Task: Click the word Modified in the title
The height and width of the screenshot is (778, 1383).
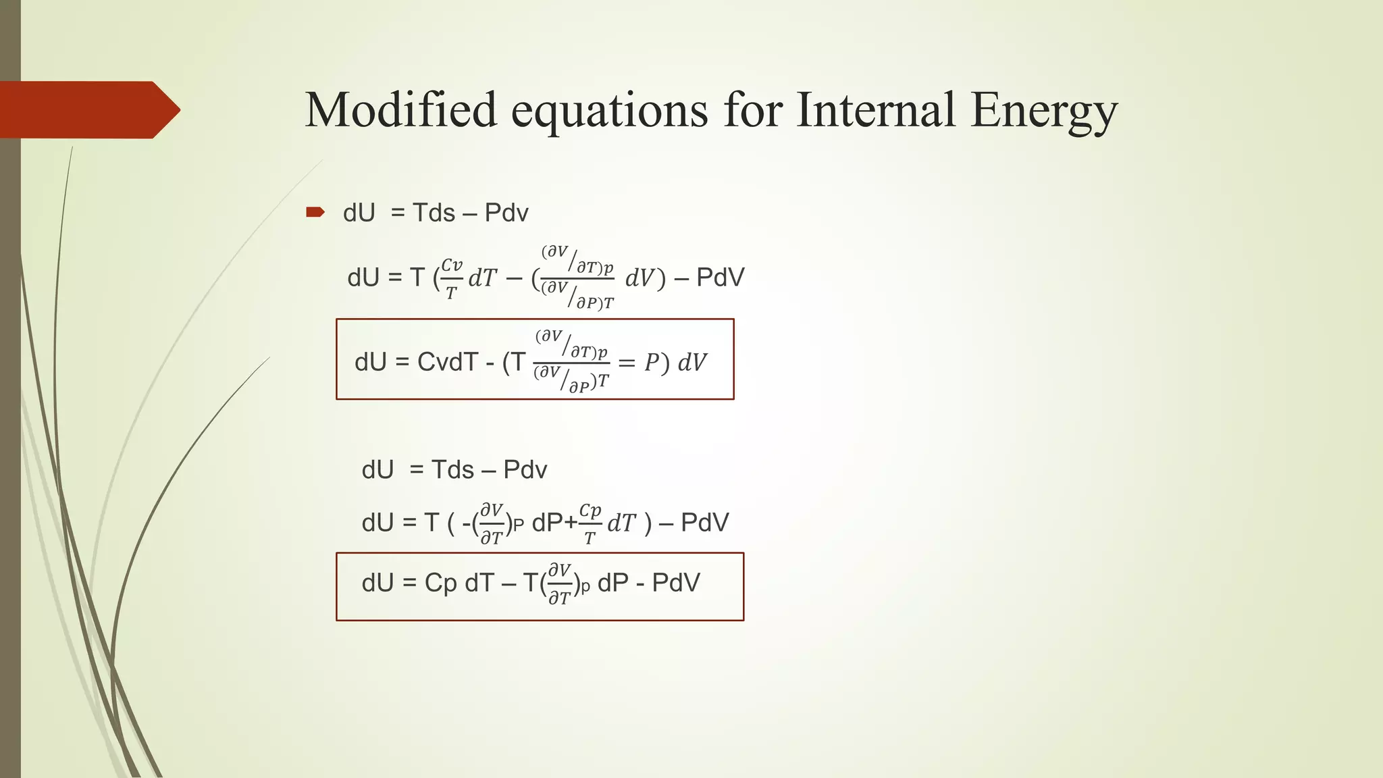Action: (400, 110)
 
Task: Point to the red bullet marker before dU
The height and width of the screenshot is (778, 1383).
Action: (315, 213)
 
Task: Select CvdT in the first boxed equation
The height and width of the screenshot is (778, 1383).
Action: (448, 363)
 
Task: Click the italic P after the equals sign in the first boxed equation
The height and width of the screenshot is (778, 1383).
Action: (651, 363)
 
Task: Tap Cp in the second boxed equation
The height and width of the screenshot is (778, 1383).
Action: (440, 583)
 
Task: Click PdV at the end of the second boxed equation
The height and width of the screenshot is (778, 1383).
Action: (676, 583)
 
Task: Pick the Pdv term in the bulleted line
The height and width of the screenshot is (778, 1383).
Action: (506, 213)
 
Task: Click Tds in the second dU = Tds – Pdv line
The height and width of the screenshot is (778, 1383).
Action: (452, 470)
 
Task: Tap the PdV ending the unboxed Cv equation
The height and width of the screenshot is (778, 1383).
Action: (720, 278)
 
